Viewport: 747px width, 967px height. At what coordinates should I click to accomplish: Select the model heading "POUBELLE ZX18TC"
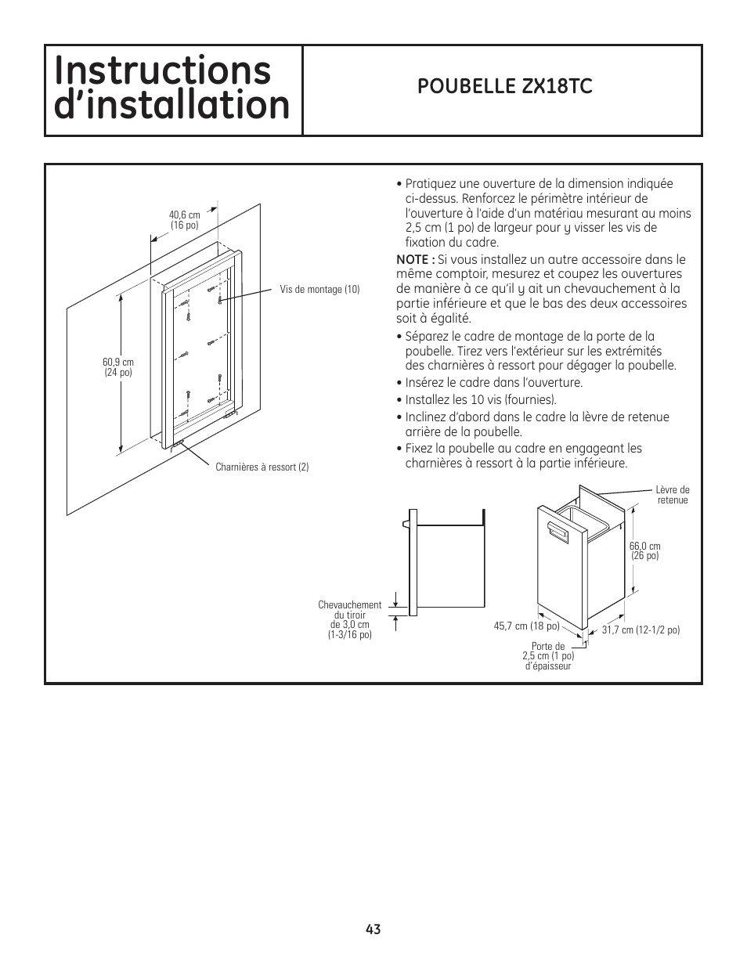504,87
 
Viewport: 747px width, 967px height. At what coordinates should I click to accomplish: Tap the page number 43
373,929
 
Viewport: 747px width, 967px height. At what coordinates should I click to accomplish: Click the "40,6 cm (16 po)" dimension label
184,220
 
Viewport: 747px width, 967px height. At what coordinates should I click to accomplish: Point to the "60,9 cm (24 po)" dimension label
118,367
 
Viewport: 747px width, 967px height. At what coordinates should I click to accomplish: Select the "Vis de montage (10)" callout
319,290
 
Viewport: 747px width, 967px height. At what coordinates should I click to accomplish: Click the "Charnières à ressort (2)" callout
262,467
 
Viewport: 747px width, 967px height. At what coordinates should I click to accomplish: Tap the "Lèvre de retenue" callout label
673,495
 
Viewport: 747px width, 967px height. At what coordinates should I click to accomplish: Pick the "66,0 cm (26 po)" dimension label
644,550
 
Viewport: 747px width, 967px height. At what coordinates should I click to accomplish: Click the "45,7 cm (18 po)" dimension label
526,626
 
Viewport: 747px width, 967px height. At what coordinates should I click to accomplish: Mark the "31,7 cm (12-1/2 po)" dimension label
641,630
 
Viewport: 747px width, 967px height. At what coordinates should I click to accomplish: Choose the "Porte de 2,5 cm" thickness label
548,656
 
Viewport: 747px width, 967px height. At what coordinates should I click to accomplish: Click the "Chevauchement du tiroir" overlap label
350,619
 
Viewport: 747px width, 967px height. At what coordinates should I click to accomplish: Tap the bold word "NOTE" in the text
412,259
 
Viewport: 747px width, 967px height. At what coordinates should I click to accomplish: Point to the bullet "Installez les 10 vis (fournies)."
481,400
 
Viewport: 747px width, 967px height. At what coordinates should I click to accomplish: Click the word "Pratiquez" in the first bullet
431,184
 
